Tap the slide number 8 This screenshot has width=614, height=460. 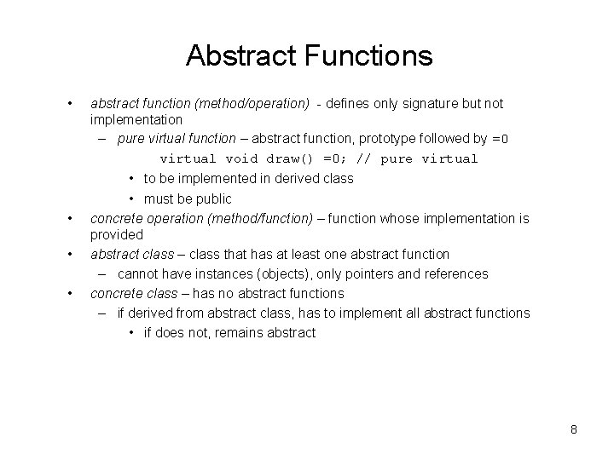pos(574,429)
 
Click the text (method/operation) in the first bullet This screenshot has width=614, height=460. pos(252,103)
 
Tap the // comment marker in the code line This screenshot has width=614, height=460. pos(364,158)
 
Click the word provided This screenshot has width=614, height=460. pos(117,233)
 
